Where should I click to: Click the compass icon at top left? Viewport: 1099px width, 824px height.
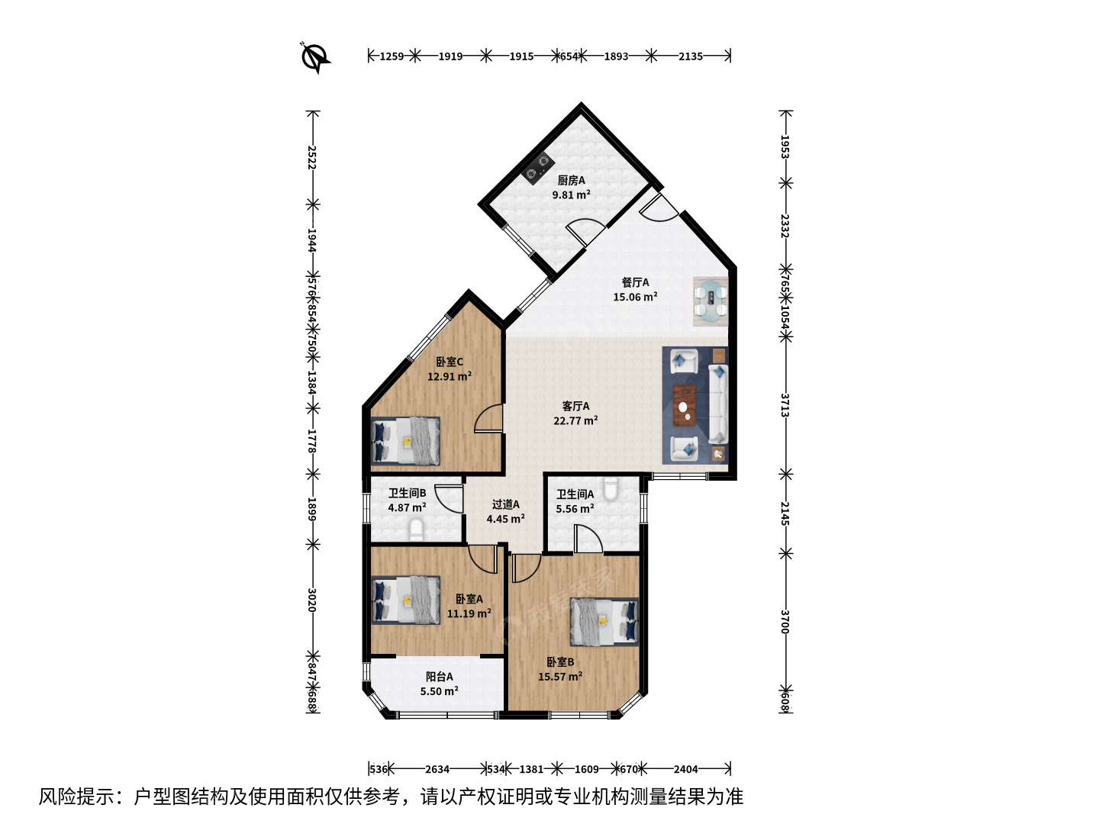(x=315, y=57)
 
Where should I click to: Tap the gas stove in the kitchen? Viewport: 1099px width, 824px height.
(x=537, y=167)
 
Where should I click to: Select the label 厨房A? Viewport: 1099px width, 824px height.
(x=571, y=180)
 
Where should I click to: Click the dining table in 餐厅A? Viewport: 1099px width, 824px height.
(x=711, y=301)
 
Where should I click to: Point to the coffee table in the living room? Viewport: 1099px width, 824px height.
(x=685, y=405)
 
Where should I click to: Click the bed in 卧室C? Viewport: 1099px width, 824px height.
(x=405, y=441)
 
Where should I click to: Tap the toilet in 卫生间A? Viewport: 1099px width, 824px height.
(x=611, y=489)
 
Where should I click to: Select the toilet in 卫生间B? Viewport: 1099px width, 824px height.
(x=417, y=529)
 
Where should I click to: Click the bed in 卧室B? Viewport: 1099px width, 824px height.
(x=604, y=622)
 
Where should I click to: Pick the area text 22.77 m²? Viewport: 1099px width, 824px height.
(x=575, y=420)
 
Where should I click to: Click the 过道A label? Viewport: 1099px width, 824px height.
(x=506, y=504)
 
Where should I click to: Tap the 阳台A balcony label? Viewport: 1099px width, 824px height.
(x=439, y=677)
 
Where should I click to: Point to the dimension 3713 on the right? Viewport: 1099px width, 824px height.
(x=785, y=405)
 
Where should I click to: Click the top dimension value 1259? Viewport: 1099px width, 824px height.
(x=392, y=56)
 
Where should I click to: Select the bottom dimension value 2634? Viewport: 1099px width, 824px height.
(x=437, y=768)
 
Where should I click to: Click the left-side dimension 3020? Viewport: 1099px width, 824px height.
(x=312, y=600)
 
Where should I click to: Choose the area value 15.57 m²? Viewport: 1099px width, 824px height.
(x=559, y=677)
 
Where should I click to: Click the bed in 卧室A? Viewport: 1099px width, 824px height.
(x=405, y=600)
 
